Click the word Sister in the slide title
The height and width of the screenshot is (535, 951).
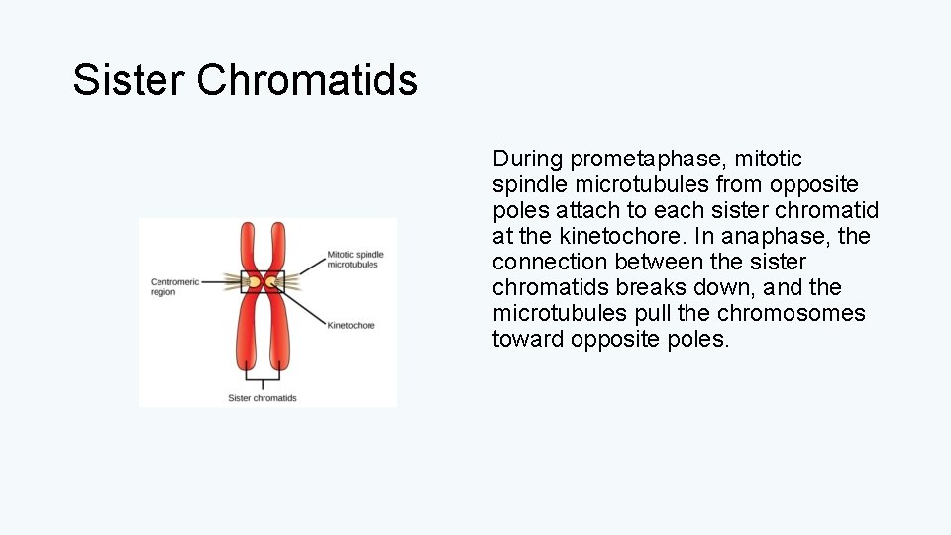pyautogui.click(x=128, y=80)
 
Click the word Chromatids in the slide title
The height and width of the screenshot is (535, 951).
pyautogui.click(x=307, y=80)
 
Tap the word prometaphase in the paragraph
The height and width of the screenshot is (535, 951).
pyautogui.click(x=649, y=159)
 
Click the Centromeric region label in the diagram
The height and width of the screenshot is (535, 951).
pyautogui.click(x=174, y=287)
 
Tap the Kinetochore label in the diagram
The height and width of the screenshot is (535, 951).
pyautogui.click(x=351, y=325)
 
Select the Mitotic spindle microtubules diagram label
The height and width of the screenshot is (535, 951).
pyautogui.click(x=356, y=260)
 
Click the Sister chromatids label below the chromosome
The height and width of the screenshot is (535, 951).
pyautogui.click(x=263, y=398)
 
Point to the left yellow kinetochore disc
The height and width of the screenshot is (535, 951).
pyautogui.click(x=255, y=283)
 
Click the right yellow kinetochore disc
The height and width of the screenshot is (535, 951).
pyautogui.click(x=270, y=283)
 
